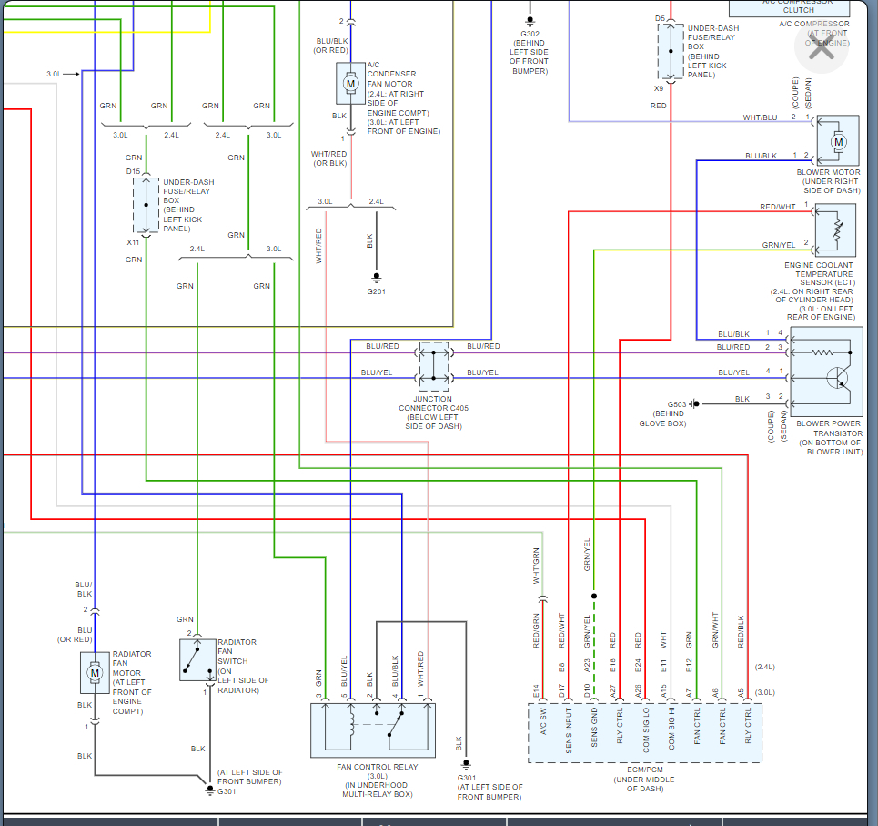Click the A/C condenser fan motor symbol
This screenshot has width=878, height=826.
coord(350,84)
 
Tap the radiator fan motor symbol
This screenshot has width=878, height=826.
coord(93,674)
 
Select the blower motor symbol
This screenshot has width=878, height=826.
coord(839,141)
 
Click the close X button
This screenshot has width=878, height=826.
coord(822,49)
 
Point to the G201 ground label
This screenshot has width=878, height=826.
coord(376,291)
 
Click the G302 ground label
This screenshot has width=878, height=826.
coord(530,35)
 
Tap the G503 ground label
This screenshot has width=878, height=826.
coord(677,403)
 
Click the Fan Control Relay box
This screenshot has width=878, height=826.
coord(373,730)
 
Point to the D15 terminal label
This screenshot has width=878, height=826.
coord(134,171)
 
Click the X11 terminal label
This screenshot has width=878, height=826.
coord(134,242)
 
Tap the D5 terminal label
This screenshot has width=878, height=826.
coord(660,18)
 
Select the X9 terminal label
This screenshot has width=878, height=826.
coord(659,89)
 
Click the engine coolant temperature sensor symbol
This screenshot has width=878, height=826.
coord(836,229)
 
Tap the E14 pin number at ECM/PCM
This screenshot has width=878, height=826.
coord(537,692)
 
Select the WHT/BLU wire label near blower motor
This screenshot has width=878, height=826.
coord(760,117)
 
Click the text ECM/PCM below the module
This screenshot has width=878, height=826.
coord(645,770)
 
